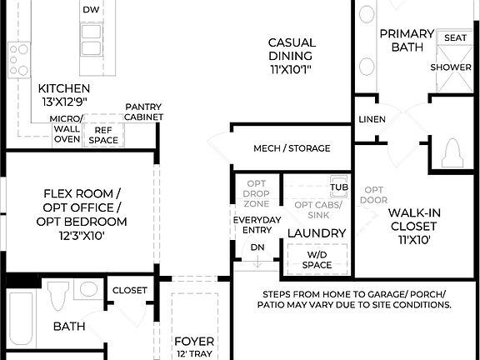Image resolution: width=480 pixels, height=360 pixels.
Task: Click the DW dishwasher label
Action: click(x=92, y=9)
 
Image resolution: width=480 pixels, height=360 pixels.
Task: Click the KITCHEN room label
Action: click(x=63, y=88)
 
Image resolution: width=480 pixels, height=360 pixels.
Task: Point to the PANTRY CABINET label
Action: click(x=143, y=112)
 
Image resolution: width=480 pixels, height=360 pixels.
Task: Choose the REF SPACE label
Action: click(x=104, y=135)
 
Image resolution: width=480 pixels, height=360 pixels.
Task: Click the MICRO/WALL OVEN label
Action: click(x=67, y=129)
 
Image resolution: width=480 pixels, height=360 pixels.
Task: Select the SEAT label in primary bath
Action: click(x=455, y=37)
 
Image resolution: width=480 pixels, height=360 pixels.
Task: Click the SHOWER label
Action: click(x=451, y=67)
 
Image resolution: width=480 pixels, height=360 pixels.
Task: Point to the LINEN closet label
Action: click(x=372, y=119)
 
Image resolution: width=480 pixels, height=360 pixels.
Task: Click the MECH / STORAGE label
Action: click(x=292, y=148)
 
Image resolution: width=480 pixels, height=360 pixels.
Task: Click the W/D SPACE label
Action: click(x=317, y=260)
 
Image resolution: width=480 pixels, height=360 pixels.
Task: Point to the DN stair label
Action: click(x=257, y=247)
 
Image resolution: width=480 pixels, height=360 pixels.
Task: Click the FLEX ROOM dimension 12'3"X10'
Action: click(x=81, y=236)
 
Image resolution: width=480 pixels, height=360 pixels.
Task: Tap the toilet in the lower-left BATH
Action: click(x=57, y=297)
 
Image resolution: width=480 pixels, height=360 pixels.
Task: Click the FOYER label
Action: click(x=194, y=342)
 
